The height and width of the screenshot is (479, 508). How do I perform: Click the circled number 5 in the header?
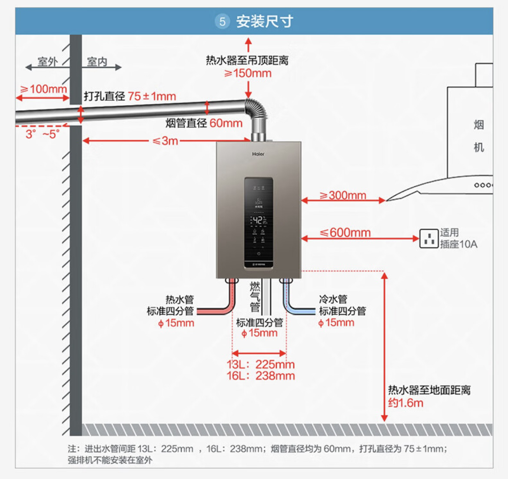click(222, 21)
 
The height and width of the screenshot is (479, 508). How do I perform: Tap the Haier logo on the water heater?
click(258, 154)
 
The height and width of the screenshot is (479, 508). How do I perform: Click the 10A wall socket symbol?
click(428, 238)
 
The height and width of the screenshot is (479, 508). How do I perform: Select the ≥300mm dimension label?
click(342, 195)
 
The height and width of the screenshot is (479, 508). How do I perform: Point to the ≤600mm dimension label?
click(345, 233)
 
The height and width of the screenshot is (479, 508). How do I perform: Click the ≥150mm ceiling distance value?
click(248, 73)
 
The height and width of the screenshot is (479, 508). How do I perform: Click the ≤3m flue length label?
click(166, 141)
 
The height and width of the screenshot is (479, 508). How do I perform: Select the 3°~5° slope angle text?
click(42, 134)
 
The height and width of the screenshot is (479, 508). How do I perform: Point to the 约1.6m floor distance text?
click(405, 403)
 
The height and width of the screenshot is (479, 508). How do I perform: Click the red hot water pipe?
click(217, 310)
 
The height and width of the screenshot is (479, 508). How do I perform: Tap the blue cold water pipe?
click(300, 310)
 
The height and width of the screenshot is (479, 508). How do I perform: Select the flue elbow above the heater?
click(256, 111)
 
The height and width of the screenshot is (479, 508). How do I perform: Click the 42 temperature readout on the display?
click(257, 221)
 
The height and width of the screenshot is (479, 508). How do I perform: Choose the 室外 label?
click(47, 62)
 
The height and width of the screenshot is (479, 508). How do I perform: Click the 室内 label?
click(97, 62)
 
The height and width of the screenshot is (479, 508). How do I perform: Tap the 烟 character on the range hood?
click(478, 125)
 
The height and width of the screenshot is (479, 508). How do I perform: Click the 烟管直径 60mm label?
click(204, 123)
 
